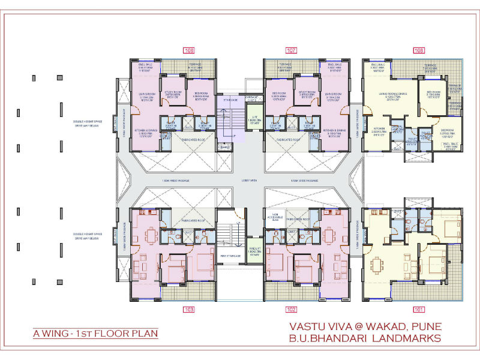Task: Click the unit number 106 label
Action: click(189, 50)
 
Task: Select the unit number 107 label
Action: click(292, 50)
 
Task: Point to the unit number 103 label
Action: click(189, 310)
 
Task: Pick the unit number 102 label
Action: click(292, 310)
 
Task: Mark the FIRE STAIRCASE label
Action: click(230, 256)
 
